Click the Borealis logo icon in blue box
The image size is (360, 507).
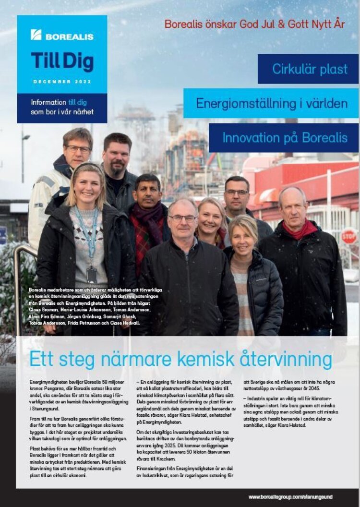tap(36, 35)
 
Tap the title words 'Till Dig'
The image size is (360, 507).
tap(62, 62)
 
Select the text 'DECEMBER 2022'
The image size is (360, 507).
tap(62, 82)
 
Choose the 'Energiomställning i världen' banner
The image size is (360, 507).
tap(271, 103)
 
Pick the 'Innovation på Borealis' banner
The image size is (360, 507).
tap(284, 138)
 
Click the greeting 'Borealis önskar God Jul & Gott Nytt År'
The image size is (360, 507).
tap(254, 24)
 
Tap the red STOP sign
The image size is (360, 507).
tap(349, 236)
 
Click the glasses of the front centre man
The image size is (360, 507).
tap(183, 218)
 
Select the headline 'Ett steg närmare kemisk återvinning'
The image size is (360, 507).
tap(180, 359)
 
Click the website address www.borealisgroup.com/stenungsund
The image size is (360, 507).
tap(290, 496)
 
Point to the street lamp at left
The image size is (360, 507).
tap(24, 144)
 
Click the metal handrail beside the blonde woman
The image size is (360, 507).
tap(18, 278)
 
